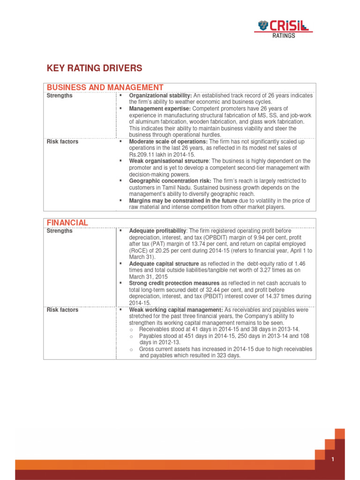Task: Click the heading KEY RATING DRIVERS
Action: (x=94, y=68)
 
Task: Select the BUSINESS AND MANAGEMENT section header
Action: (x=105, y=88)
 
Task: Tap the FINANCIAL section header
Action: (x=67, y=222)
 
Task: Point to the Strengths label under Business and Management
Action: (x=60, y=96)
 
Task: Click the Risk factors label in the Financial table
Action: (x=62, y=310)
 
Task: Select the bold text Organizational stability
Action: (x=160, y=96)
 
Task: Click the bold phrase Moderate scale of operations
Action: (x=168, y=142)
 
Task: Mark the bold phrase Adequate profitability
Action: (x=157, y=231)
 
